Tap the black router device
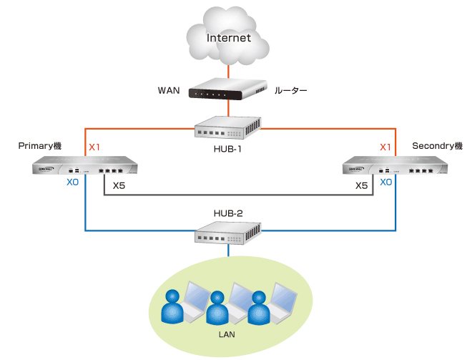click(228, 91)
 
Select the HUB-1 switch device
click(228, 129)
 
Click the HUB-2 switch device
click(228, 230)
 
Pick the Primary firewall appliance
click(85, 169)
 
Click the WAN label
click(168, 92)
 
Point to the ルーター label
click(290, 92)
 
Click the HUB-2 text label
click(229, 213)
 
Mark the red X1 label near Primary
click(94, 147)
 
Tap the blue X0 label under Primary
click(72, 183)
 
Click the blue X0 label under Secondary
click(385, 183)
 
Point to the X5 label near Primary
click(119, 185)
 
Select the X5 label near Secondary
click(362, 185)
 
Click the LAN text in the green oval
click(229, 334)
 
